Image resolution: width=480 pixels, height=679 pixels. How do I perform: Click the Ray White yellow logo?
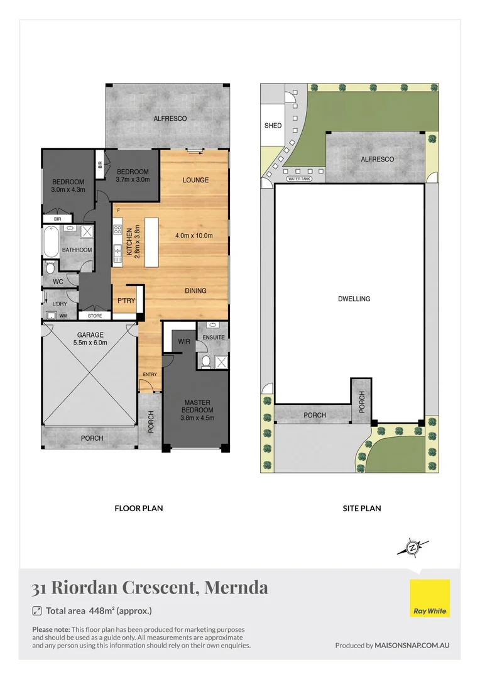pos(430,598)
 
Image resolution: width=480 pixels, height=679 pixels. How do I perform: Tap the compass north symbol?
pos(413,548)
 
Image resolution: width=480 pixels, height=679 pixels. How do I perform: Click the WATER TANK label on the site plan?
pos(299,179)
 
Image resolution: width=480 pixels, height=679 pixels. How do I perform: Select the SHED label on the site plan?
pos(273,126)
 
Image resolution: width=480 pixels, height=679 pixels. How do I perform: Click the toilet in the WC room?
pos(50,268)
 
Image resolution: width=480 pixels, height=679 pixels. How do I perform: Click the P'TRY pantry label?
pos(126,301)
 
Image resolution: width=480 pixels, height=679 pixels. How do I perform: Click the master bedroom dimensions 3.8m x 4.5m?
pos(197,417)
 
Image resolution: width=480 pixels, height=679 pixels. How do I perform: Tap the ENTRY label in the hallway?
pos(150,375)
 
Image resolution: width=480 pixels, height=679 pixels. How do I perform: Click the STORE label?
pos(95,316)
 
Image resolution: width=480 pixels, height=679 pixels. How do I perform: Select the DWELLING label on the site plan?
pos(354,299)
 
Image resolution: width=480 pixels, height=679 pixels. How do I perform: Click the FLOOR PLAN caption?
pos(138,508)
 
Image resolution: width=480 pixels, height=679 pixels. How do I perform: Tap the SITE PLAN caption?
pos(363,508)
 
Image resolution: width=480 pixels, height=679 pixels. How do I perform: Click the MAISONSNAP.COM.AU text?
pos(412,645)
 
